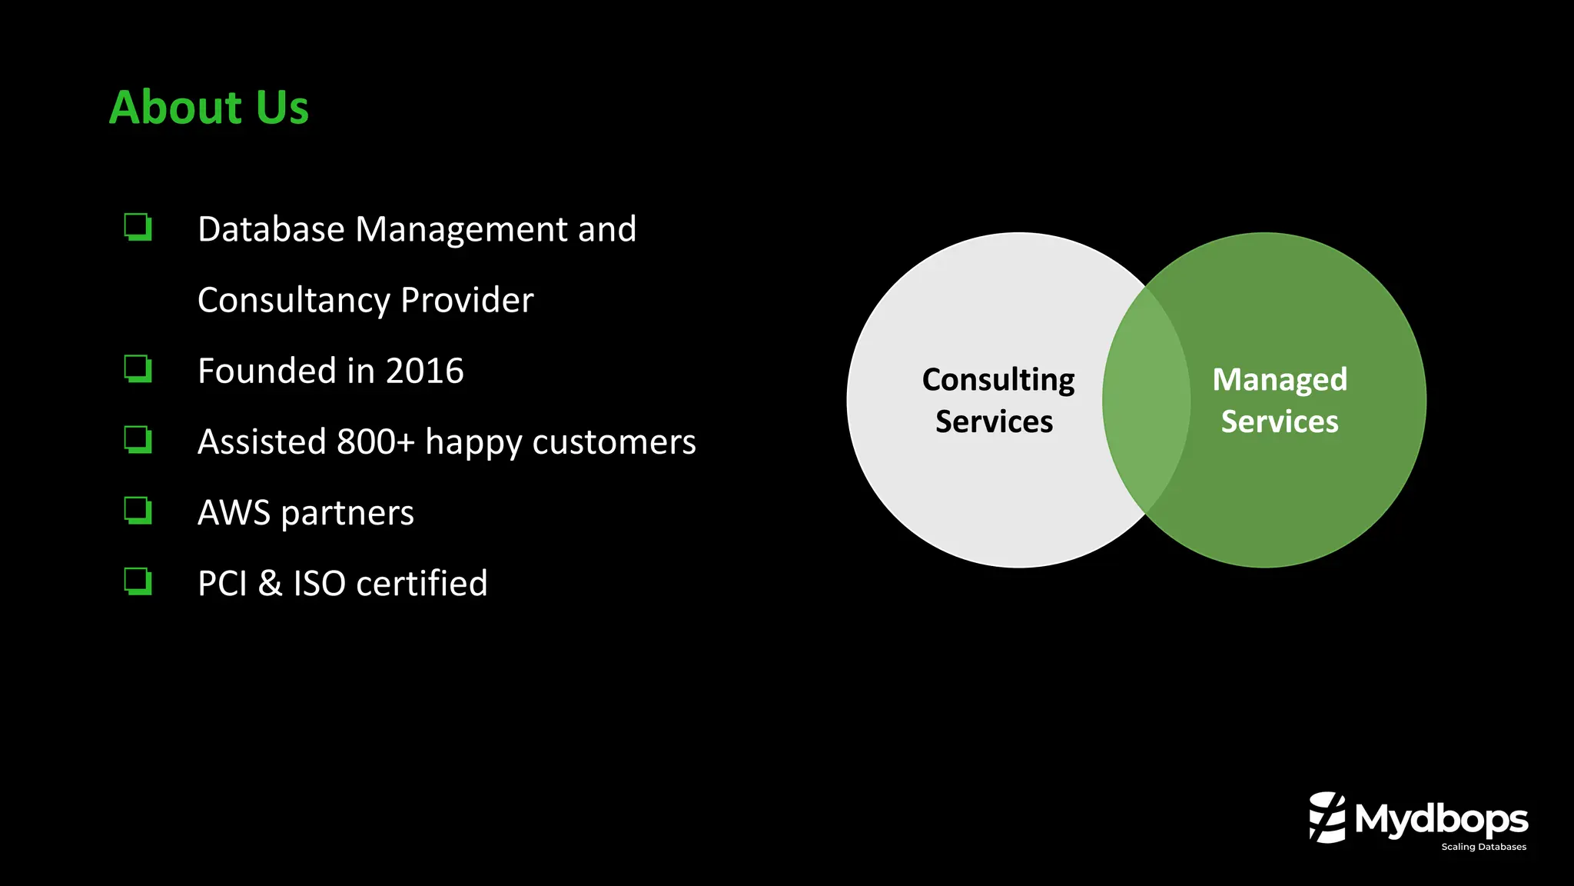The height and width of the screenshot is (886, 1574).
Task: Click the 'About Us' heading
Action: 209,107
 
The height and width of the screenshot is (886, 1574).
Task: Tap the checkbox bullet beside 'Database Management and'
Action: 138,227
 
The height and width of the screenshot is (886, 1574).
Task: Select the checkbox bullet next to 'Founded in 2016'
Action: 138,369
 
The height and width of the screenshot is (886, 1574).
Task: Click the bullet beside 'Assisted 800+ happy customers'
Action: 138,440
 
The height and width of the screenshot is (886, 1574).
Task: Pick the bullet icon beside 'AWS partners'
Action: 138,511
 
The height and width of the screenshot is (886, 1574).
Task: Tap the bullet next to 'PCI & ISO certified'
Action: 138,581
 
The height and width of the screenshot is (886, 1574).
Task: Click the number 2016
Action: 424,371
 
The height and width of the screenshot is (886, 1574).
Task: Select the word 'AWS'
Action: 234,513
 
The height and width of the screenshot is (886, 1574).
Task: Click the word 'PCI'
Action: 222,584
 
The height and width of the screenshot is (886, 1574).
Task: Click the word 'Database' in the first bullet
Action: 271,229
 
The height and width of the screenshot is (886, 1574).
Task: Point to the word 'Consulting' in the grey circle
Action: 998,380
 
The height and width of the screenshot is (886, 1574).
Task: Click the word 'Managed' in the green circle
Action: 1280,379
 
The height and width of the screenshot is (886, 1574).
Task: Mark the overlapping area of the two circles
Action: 1146,400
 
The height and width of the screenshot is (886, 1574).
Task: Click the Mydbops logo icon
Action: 1327,818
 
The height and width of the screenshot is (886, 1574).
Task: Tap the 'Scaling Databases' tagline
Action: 1483,847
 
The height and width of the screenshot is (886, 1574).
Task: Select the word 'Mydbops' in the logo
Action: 1441,819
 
